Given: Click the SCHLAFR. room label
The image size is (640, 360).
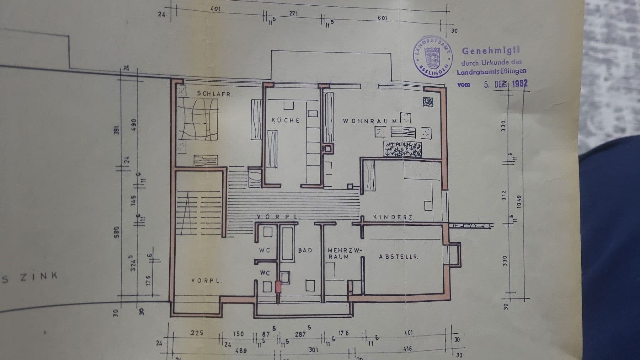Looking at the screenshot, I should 214,94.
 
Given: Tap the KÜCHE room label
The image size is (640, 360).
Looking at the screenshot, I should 286,120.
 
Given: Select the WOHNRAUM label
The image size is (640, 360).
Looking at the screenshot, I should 370,121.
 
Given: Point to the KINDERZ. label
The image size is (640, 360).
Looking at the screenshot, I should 393,217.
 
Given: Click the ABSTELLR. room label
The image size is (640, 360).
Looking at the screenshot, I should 398,257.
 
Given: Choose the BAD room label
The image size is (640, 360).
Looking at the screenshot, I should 305,250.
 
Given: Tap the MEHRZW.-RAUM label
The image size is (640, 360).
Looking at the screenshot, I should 344,253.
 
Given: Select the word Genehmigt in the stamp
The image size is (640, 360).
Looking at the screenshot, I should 491,51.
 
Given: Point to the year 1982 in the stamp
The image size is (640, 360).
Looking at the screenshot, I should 519,84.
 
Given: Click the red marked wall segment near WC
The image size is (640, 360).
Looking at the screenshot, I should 278,287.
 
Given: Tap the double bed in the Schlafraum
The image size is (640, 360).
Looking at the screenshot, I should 198,119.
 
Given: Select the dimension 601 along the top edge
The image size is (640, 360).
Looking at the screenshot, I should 382,18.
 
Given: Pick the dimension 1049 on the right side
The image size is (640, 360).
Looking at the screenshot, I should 519,202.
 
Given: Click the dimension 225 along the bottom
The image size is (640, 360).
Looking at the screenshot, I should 197,333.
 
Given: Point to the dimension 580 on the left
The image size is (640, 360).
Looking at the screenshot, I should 117,232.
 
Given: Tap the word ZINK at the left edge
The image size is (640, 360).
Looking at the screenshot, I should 39,276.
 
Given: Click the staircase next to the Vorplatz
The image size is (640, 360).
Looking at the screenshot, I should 199,213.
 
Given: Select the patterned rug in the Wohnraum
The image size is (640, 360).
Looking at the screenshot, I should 402,149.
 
